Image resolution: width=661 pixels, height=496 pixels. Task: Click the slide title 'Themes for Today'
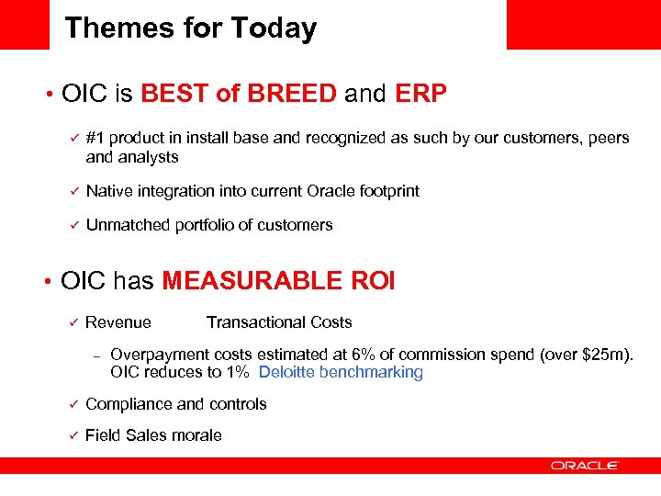190,28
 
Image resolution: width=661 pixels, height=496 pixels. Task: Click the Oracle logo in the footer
584,466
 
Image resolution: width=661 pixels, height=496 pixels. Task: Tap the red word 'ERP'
421,94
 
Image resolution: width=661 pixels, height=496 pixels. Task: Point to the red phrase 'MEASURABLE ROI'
278,281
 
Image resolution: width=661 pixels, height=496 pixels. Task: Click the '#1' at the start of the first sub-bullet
95,138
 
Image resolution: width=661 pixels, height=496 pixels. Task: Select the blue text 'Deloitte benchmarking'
341,372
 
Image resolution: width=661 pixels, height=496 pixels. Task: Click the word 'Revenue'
118,321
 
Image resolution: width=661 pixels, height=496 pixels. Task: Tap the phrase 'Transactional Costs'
279,321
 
